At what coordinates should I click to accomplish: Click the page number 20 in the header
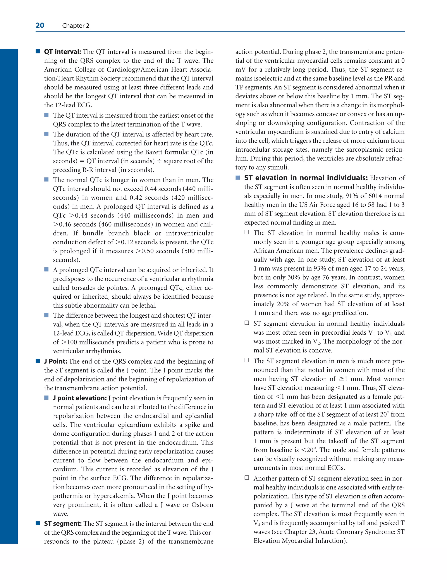coord(40,26)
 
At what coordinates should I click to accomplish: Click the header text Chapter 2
coord(76,26)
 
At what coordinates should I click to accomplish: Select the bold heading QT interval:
coord(62,52)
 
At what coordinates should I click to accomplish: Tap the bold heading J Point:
coord(55,361)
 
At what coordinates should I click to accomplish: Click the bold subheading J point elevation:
coord(80,398)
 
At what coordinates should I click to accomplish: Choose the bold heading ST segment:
coord(63,524)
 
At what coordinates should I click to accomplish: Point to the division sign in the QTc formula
coord(159,161)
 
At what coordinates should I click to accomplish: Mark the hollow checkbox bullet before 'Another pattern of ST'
coord(247,478)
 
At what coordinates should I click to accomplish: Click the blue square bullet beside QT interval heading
coord(38,51)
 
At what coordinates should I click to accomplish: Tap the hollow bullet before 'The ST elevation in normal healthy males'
coord(247,232)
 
